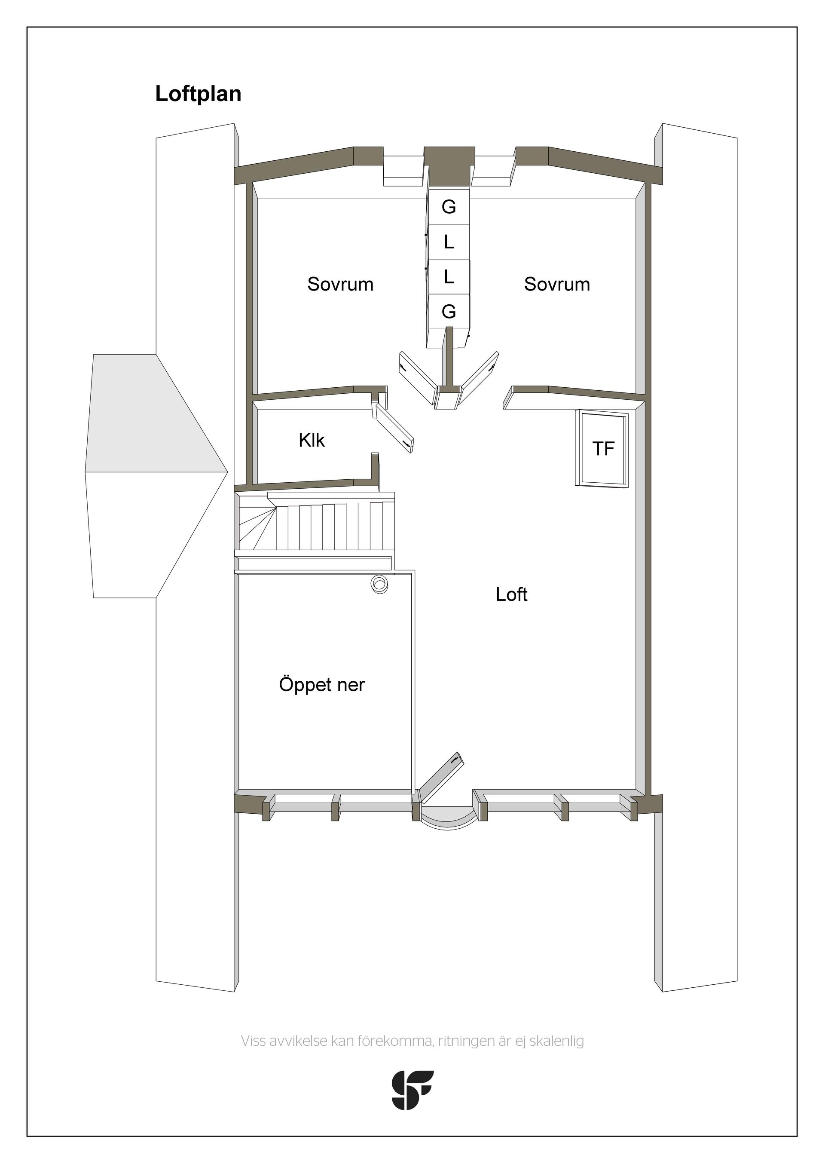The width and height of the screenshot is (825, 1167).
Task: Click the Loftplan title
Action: coord(198,95)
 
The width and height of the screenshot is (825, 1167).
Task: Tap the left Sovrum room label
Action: coord(340,284)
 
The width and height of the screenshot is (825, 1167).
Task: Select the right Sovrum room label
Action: coord(557,284)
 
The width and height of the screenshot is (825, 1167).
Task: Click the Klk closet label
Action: coord(312,440)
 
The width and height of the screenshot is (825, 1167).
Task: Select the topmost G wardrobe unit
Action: coord(448,207)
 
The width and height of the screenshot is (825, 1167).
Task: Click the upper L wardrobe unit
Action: coord(448,242)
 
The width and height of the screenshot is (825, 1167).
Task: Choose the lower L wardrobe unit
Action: coord(448,277)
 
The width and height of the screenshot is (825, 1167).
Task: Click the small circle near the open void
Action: coord(379,584)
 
